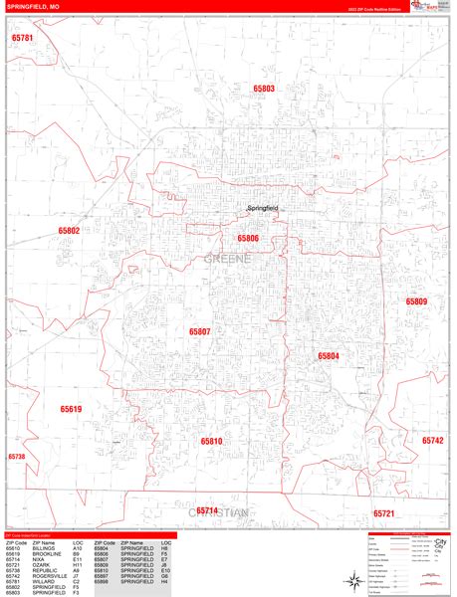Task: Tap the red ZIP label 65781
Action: pos(22,38)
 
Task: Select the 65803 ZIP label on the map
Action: pos(263,89)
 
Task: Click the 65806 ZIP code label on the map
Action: pos(248,239)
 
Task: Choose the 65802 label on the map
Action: pos(69,230)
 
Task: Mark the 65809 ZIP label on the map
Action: pos(416,301)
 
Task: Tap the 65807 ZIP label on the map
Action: pos(200,330)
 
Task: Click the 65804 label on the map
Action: pos(329,355)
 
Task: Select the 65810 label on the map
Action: pos(211,440)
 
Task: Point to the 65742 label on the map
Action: pos(432,439)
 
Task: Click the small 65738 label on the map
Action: pos(16,457)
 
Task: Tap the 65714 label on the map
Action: pos(206,510)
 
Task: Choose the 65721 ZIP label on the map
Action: pos(384,513)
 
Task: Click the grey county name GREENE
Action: pos(227,259)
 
